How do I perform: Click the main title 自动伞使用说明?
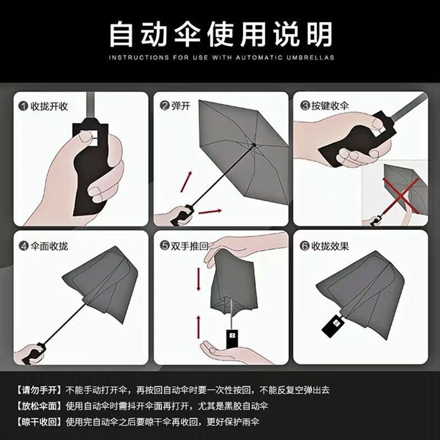coord(221,34)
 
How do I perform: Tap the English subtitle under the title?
coord(222,58)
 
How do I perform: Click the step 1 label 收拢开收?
coord(49,106)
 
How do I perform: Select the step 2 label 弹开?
coord(180,106)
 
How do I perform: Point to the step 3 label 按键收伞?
coord(329,106)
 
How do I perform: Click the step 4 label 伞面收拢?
coord(49,246)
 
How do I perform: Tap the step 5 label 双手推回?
coord(189,246)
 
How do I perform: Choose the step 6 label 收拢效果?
coord(329,246)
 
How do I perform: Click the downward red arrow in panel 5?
coord(199,279)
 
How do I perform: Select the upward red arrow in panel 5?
coord(199,327)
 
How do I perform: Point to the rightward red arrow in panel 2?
coord(210,211)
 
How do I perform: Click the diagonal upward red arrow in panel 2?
coord(186,182)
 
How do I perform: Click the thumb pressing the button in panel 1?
coord(85,137)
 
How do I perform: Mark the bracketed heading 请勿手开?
coord(39,390)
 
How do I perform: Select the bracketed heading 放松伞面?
coord(39,406)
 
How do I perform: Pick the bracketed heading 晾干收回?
coord(39,422)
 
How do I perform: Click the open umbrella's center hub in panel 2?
coord(254,145)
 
